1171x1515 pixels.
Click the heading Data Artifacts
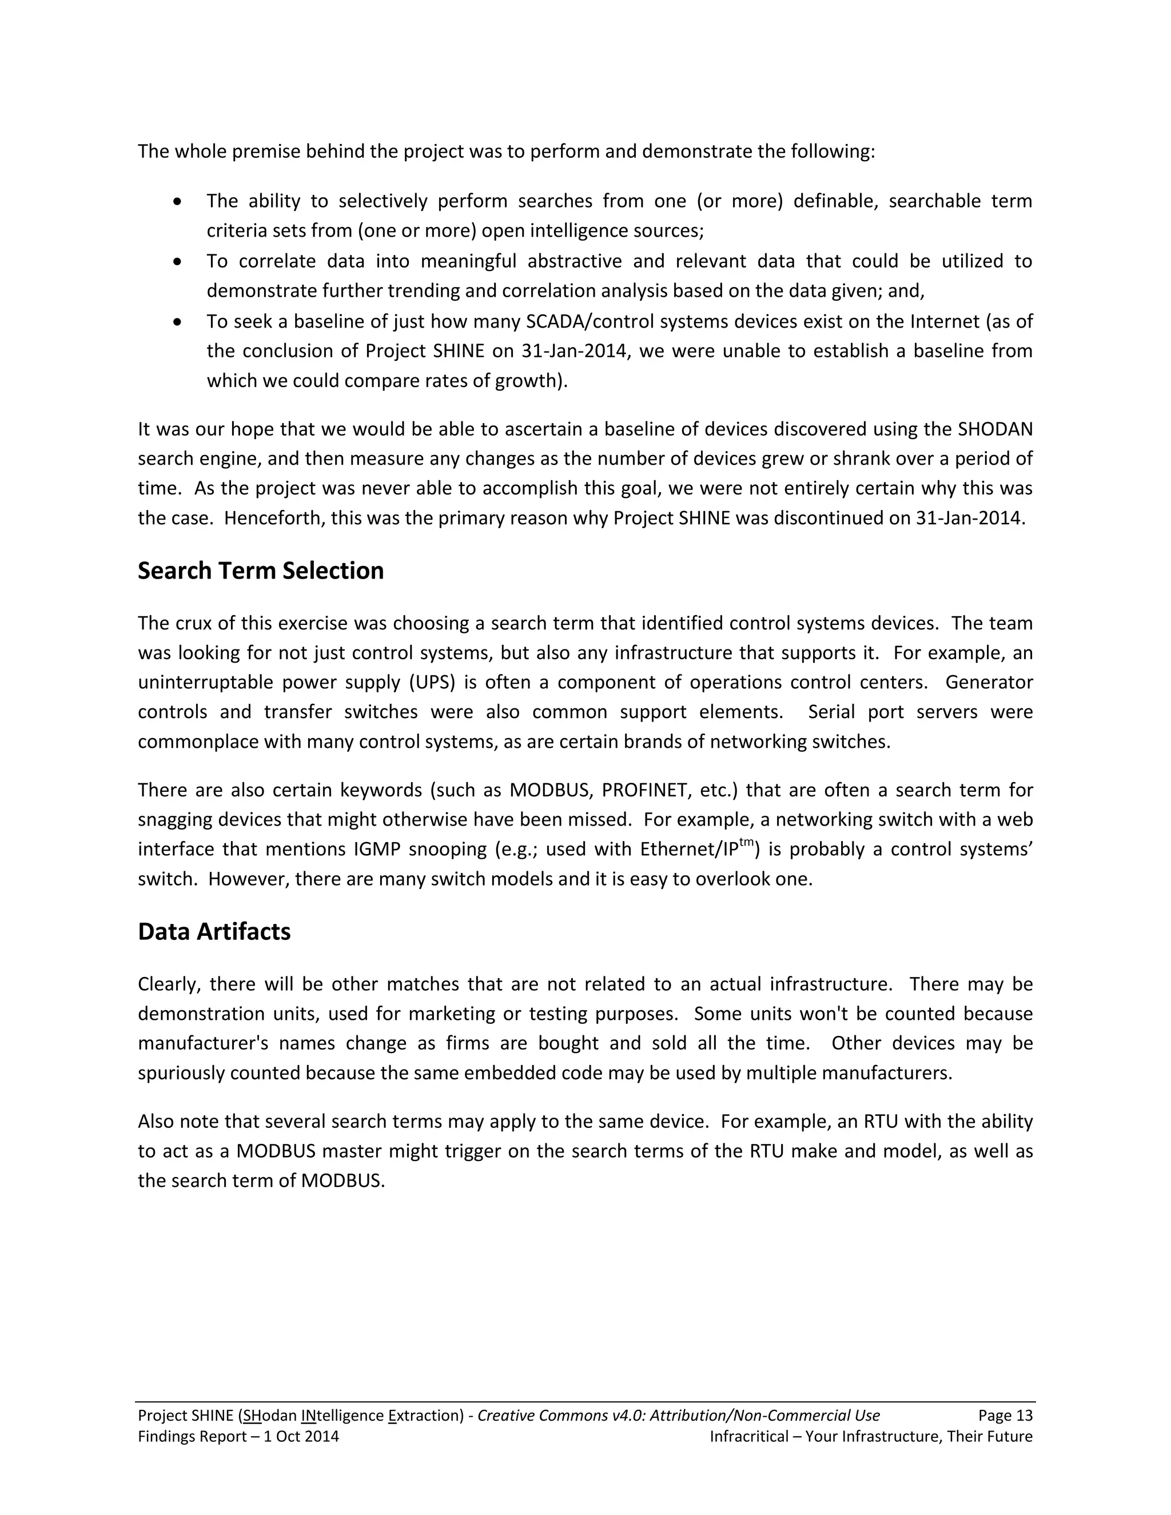point(214,932)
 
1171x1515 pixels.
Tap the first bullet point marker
point(178,202)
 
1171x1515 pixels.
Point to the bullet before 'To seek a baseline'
point(178,322)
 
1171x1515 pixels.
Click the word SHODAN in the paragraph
point(995,429)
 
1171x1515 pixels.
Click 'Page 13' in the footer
point(1005,1416)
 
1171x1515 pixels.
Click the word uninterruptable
point(205,683)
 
